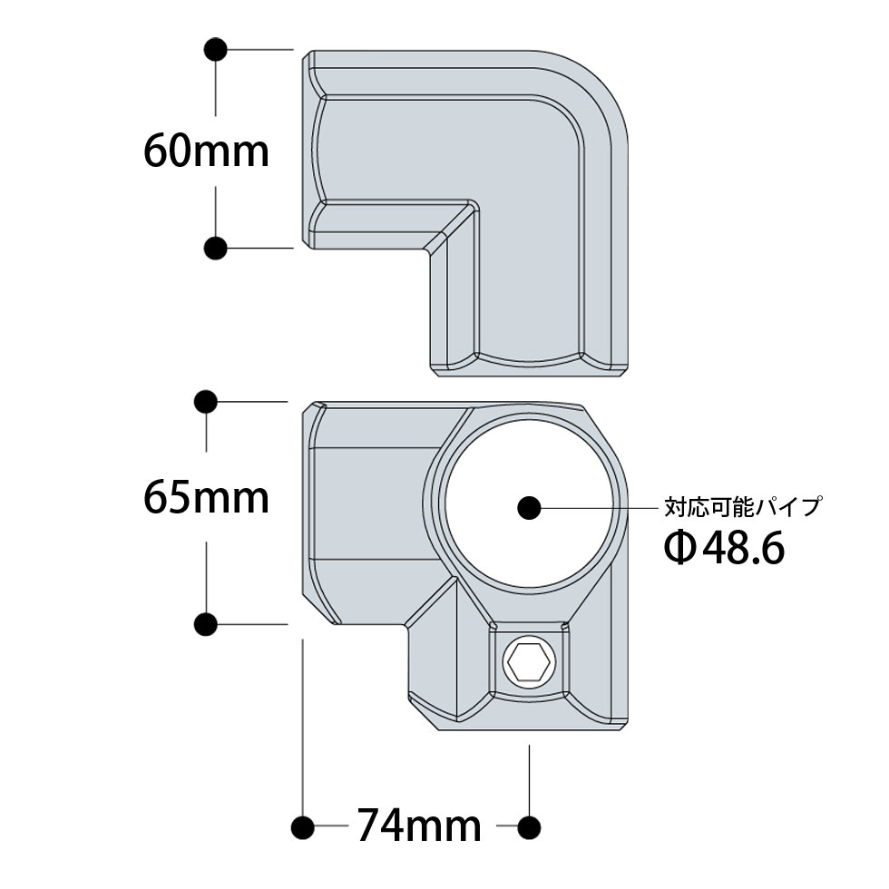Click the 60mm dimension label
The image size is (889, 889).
click(x=207, y=151)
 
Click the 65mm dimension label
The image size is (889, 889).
click(x=207, y=498)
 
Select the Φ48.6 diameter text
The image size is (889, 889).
click(x=723, y=548)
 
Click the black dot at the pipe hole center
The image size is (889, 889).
click(x=527, y=508)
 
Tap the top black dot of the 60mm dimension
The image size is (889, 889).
click(x=215, y=49)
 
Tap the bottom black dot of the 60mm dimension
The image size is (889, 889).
click(x=215, y=247)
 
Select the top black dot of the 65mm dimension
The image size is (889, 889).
click(x=207, y=400)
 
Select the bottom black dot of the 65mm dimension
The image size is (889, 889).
click(x=206, y=624)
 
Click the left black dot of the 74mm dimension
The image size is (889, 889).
click(x=302, y=826)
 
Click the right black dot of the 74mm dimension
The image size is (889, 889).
click(x=529, y=826)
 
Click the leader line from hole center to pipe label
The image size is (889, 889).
click(x=599, y=508)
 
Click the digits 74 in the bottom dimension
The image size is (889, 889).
click(x=381, y=825)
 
